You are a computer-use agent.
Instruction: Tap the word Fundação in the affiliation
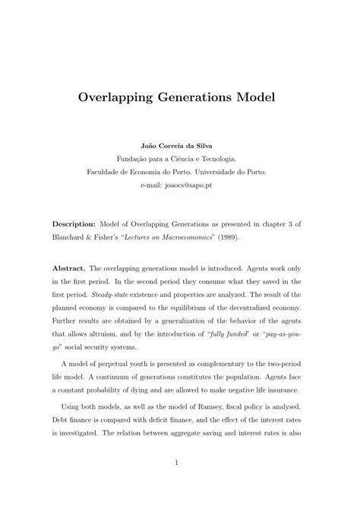point(134,160)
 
